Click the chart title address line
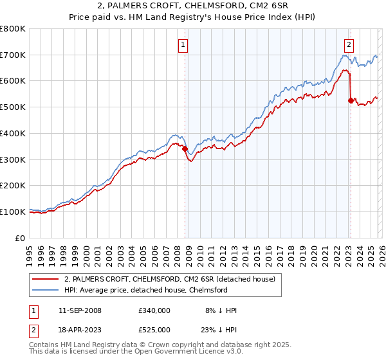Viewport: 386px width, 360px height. pyautogui.click(x=193, y=6)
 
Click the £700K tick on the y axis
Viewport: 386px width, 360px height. pyautogui.click(x=13, y=55)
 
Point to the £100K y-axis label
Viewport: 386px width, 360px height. pyautogui.click(x=13, y=212)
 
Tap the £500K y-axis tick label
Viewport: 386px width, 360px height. pyautogui.click(x=13, y=107)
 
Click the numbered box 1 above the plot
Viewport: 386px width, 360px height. pyautogui.click(x=184, y=45)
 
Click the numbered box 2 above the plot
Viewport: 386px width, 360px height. pyautogui.click(x=349, y=45)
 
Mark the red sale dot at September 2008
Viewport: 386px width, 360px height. pyautogui.click(x=185, y=149)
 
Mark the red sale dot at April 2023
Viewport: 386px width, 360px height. pyautogui.click(x=351, y=100)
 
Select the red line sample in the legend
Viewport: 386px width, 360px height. pyautogui.click(x=46, y=279)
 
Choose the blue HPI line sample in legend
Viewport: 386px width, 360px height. pyautogui.click(x=46, y=290)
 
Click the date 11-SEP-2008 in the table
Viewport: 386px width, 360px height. pyautogui.click(x=79, y=310)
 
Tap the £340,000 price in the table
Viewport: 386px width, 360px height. pyautogui.click(x=154, y=310)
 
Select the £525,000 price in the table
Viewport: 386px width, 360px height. pyautogui.click(x=154, y=330)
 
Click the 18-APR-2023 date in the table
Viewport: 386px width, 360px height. pyautogui.click(x=79, y=330)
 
